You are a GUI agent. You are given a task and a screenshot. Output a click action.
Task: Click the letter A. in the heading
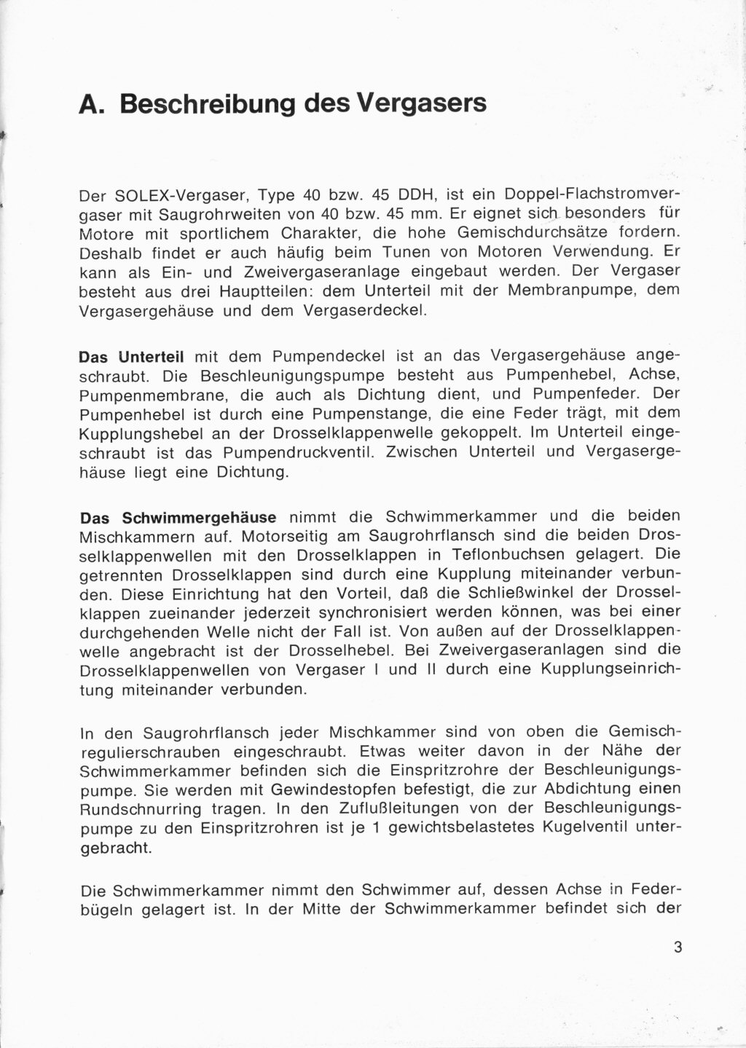(x=93, y=104)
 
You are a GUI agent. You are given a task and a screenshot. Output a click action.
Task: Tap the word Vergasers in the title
(x=422, y=104)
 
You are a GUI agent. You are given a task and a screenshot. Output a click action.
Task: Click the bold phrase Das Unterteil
(x=130, y=358)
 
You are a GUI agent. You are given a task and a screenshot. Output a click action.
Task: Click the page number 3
(x=678, y=947)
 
